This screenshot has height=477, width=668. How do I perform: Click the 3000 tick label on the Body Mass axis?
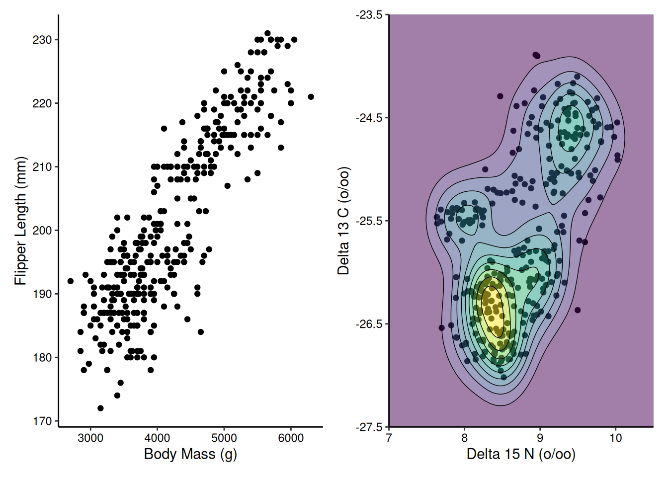point(90,438)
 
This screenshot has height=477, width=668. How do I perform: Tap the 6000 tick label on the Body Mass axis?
point(291,438)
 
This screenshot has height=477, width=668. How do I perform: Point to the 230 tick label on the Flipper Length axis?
point(42,40)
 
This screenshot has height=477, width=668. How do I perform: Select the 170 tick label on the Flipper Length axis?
point(42,421)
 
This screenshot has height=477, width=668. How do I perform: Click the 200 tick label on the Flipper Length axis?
point(42,231)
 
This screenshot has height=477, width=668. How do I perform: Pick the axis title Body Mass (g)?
point(190,454)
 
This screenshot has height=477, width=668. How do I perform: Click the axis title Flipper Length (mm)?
point(20,221)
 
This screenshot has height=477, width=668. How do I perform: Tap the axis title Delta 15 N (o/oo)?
point(521,454)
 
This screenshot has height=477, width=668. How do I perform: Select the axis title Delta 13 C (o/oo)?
point(343,221)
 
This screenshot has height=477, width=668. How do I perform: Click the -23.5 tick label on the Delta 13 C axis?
point(369,15)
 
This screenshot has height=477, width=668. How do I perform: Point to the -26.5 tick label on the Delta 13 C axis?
point(369,324)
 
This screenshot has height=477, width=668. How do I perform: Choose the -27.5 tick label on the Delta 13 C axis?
point(369,427)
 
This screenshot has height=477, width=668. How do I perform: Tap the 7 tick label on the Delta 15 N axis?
point(389,438)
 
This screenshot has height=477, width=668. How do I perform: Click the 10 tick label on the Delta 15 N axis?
point(615,438)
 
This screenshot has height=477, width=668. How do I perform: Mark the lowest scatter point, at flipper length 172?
point(100,408)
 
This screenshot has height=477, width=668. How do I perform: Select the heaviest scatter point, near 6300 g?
point(311,97)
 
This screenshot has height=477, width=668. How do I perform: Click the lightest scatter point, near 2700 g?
point(71,281)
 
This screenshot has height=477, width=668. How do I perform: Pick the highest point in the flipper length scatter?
point(267,33)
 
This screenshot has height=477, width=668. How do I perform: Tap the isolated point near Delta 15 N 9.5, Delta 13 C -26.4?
point(578,310)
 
